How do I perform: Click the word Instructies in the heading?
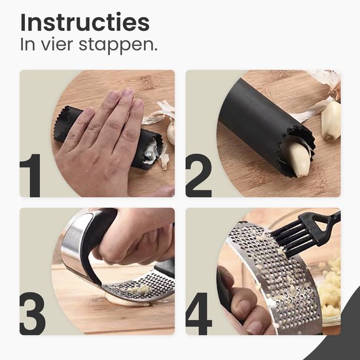(x=84, y=22)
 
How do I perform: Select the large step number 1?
(x=32, y=175)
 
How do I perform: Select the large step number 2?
(x=199, y=175)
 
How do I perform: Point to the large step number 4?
(x=200, y=313)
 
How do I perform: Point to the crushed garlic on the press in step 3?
(x=137, y=289)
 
